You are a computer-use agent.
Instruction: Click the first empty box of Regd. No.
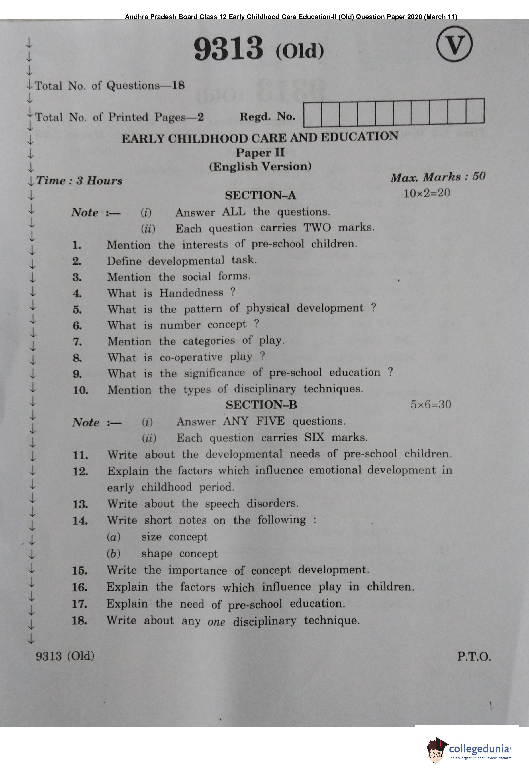312,113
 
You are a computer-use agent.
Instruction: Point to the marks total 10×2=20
427,193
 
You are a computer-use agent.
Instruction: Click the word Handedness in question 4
191,293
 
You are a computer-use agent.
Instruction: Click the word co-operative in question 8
191,357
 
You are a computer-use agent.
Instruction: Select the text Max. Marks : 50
438,177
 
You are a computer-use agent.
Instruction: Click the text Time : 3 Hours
79,181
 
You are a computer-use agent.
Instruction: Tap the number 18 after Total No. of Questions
178,85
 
